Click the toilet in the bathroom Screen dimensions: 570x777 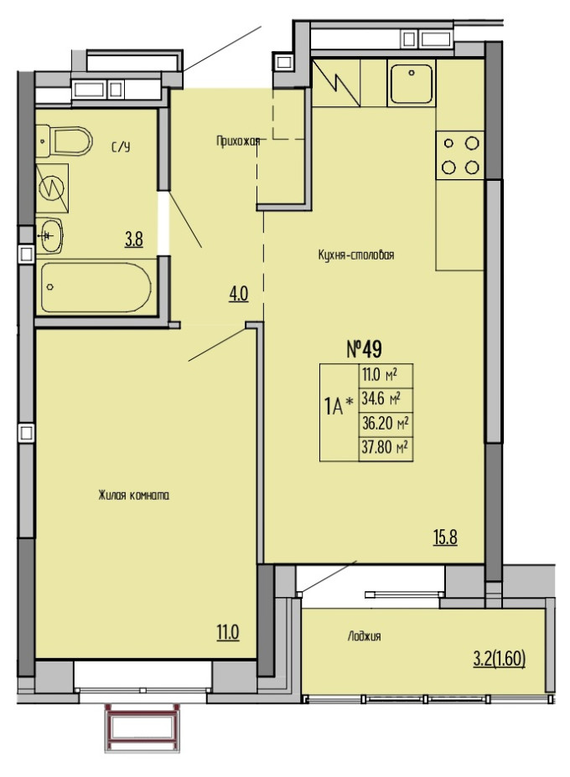[65, 141]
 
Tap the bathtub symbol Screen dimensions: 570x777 [96, 288]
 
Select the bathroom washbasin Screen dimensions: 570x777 [49, 235]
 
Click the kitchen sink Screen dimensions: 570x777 [412, 85]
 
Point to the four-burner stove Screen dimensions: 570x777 [460, 156]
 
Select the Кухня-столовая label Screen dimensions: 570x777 [355, 255]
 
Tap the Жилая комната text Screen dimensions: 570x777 [134, 495]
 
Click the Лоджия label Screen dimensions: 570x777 [364, 636]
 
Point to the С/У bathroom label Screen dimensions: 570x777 [121, 147]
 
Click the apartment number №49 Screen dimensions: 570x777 [364, 350]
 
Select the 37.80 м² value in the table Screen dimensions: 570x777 [386, 449]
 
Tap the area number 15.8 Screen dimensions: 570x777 [445, 538]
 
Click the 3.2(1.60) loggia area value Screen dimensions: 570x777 [499, 660]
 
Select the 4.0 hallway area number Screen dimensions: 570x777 [238, 296]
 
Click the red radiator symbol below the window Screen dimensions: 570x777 [142, 728]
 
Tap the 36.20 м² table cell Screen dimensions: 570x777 [386, 425]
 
